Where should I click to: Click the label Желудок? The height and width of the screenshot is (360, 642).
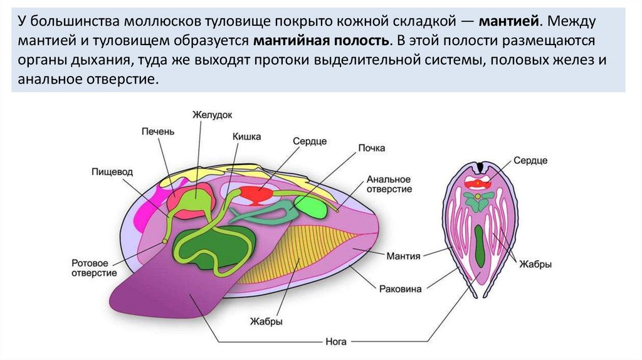(213, 115)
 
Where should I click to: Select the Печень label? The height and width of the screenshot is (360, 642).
(157, 132)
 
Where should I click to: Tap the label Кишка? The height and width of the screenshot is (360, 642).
(247, 136)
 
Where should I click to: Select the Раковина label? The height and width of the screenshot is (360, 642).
(401, 289)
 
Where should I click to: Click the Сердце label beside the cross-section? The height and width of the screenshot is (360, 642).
(530, 161)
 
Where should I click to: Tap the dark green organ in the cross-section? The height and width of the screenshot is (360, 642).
(480, 251)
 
